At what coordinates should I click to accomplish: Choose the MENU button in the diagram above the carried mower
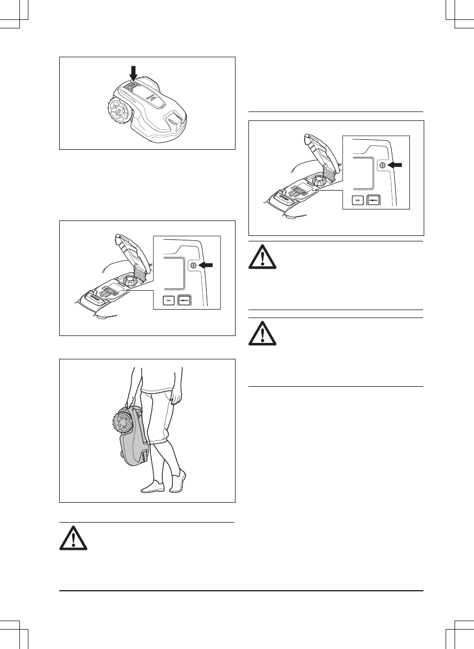pyautogui.click(x=185, y=301)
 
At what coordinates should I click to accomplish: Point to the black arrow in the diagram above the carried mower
pyautogui.click(x=209, y=266)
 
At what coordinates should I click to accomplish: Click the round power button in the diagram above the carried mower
pyautogui.click(x=193, y=266)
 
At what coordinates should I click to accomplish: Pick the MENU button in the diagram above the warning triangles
pyautogui.click(x=374, y=201)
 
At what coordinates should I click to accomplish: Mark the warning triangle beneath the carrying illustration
pyautogui.click(x=74, y=539)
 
